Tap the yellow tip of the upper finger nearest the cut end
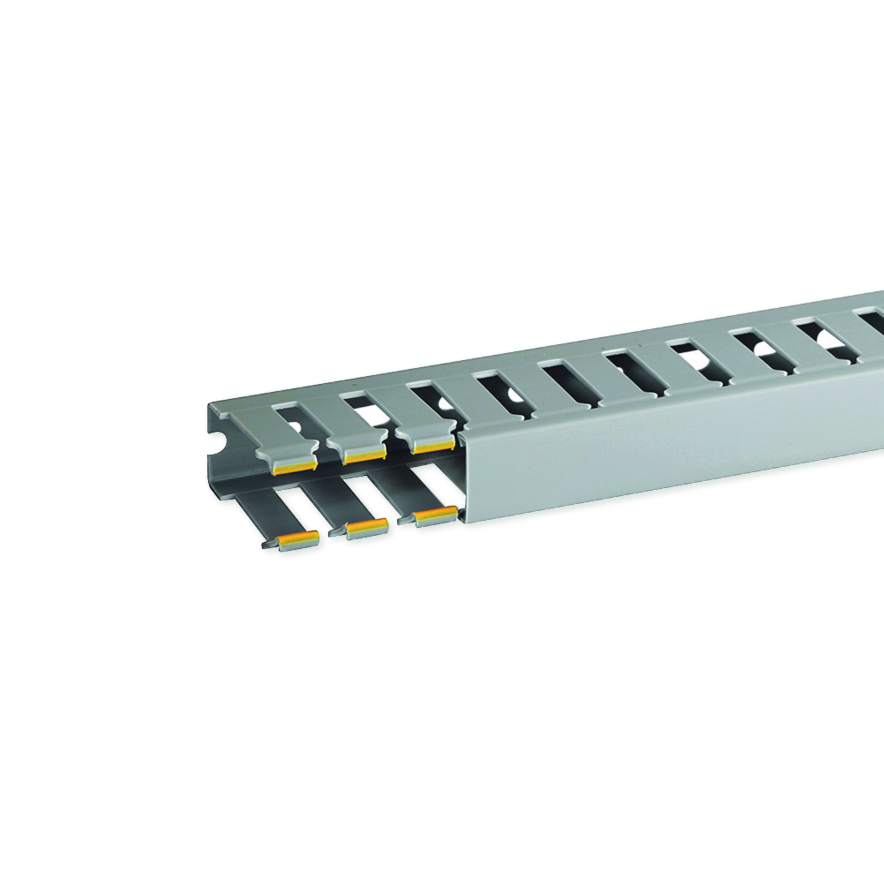(x=295, y=466)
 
